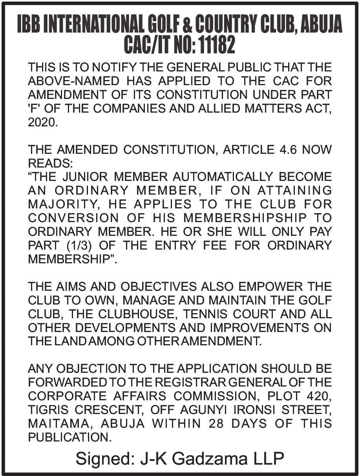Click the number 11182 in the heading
pos(217,45)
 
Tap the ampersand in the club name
pos(187,26)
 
